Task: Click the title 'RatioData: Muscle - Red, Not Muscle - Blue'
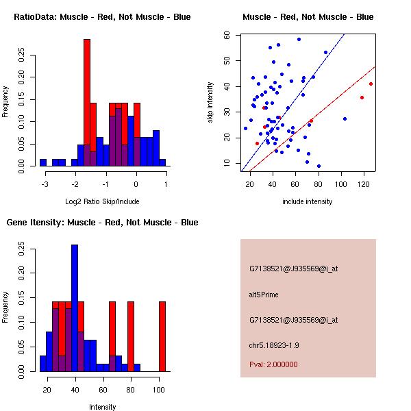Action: tap(103, 16)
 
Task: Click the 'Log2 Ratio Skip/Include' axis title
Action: tap(102, 201)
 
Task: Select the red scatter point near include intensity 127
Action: tap(371, 84)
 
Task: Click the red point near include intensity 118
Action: tap(362, 97)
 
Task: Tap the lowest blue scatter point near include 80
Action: tap(319, 166)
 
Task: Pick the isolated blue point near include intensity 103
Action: tap(345, 119)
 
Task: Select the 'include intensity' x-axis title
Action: tap(308, 201)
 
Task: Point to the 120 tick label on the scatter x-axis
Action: tap(362, 184)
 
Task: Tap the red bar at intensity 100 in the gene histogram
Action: tap(162, 336)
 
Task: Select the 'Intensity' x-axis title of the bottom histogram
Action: tap(103, 407)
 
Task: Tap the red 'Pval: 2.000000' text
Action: tap(273, 364)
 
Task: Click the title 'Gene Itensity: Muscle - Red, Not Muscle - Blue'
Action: tap(103, 222)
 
